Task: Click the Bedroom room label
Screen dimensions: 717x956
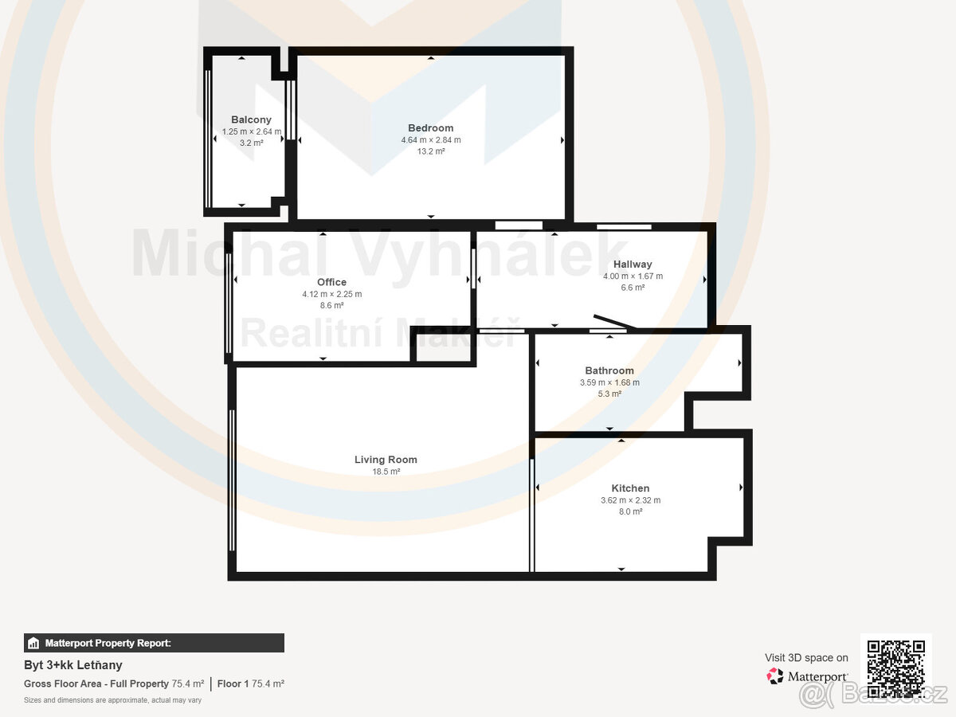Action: pos(430,127)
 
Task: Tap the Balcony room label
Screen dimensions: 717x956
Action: pos(251,119)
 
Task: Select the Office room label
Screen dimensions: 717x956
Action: pos(331,282)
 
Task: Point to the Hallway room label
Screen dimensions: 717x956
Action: pos(633,264)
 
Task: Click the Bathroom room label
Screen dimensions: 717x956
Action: pos(609,370)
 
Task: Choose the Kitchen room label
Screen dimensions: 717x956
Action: pos(630,488)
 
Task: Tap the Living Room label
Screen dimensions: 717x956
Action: pos(386,460)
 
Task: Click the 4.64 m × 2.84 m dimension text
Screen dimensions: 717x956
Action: pos(430,139)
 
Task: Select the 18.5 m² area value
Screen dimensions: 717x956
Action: pos(386,472)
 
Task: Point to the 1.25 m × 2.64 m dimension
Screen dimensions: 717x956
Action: pos(251,131)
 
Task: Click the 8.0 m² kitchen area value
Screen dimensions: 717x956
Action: pos(630,511)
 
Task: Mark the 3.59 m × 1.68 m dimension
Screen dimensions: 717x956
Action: pos(609,382)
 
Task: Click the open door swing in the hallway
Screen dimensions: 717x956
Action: pos(614,322)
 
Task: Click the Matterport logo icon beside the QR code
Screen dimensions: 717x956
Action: pos(775,676)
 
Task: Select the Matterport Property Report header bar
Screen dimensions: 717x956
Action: pos(154,643)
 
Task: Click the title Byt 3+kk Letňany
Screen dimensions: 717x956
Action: pos(73,665)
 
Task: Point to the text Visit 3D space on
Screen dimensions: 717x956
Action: pos(806,657)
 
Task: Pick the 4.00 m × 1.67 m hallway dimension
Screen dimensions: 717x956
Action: pos(633,276)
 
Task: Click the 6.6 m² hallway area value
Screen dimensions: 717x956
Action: pos(633,288)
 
